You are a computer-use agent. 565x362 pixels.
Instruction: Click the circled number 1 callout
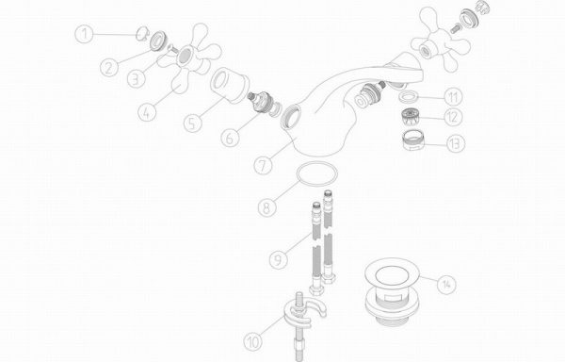coord(84,34)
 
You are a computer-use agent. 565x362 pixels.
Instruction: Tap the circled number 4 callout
coord(147,112)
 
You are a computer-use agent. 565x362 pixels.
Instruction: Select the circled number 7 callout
coord(263,166)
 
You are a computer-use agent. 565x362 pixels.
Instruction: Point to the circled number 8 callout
coord(267,207)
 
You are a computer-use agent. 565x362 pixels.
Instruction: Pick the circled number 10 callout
coord(253,341)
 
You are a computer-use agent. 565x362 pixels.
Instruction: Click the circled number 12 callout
coord(453,117)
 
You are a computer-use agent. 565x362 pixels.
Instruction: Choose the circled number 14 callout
coord(446,284)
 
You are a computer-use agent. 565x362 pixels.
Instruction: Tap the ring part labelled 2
coord(158,41)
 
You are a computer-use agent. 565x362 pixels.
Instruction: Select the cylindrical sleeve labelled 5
coord(230,85)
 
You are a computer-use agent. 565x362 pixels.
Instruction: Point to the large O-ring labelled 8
coord(317,174)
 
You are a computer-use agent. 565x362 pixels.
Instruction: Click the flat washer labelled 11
coord(409,97)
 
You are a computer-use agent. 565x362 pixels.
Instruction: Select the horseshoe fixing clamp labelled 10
coord(302,315)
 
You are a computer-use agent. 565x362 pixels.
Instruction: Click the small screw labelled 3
coord(172,49)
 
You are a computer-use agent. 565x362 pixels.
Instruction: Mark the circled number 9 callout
coord(279,259)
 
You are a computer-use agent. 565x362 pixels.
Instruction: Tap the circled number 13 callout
coord(456,143)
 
